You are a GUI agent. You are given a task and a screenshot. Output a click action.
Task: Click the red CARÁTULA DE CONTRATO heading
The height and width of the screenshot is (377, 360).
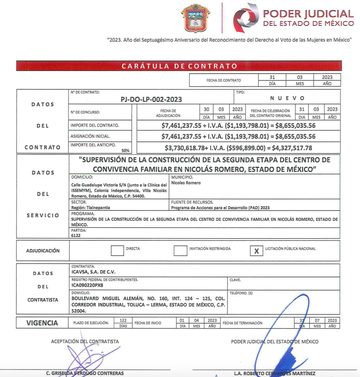180,66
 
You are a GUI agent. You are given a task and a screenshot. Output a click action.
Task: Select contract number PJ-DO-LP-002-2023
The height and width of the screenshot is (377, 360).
151,99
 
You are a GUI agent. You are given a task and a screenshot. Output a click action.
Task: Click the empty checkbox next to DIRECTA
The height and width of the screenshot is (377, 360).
117,251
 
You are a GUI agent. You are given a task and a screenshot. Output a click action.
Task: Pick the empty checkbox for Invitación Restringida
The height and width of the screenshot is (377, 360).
180,251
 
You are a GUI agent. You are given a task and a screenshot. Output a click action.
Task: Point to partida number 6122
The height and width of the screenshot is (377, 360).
76,235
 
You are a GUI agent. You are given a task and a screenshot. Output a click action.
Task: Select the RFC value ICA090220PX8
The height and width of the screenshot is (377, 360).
88,286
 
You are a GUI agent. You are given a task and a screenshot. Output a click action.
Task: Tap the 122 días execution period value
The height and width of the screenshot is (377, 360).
123,321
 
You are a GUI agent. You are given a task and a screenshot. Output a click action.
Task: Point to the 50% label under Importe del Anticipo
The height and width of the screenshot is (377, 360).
126,150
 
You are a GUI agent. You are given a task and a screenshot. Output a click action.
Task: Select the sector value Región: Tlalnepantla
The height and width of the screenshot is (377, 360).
90,207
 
